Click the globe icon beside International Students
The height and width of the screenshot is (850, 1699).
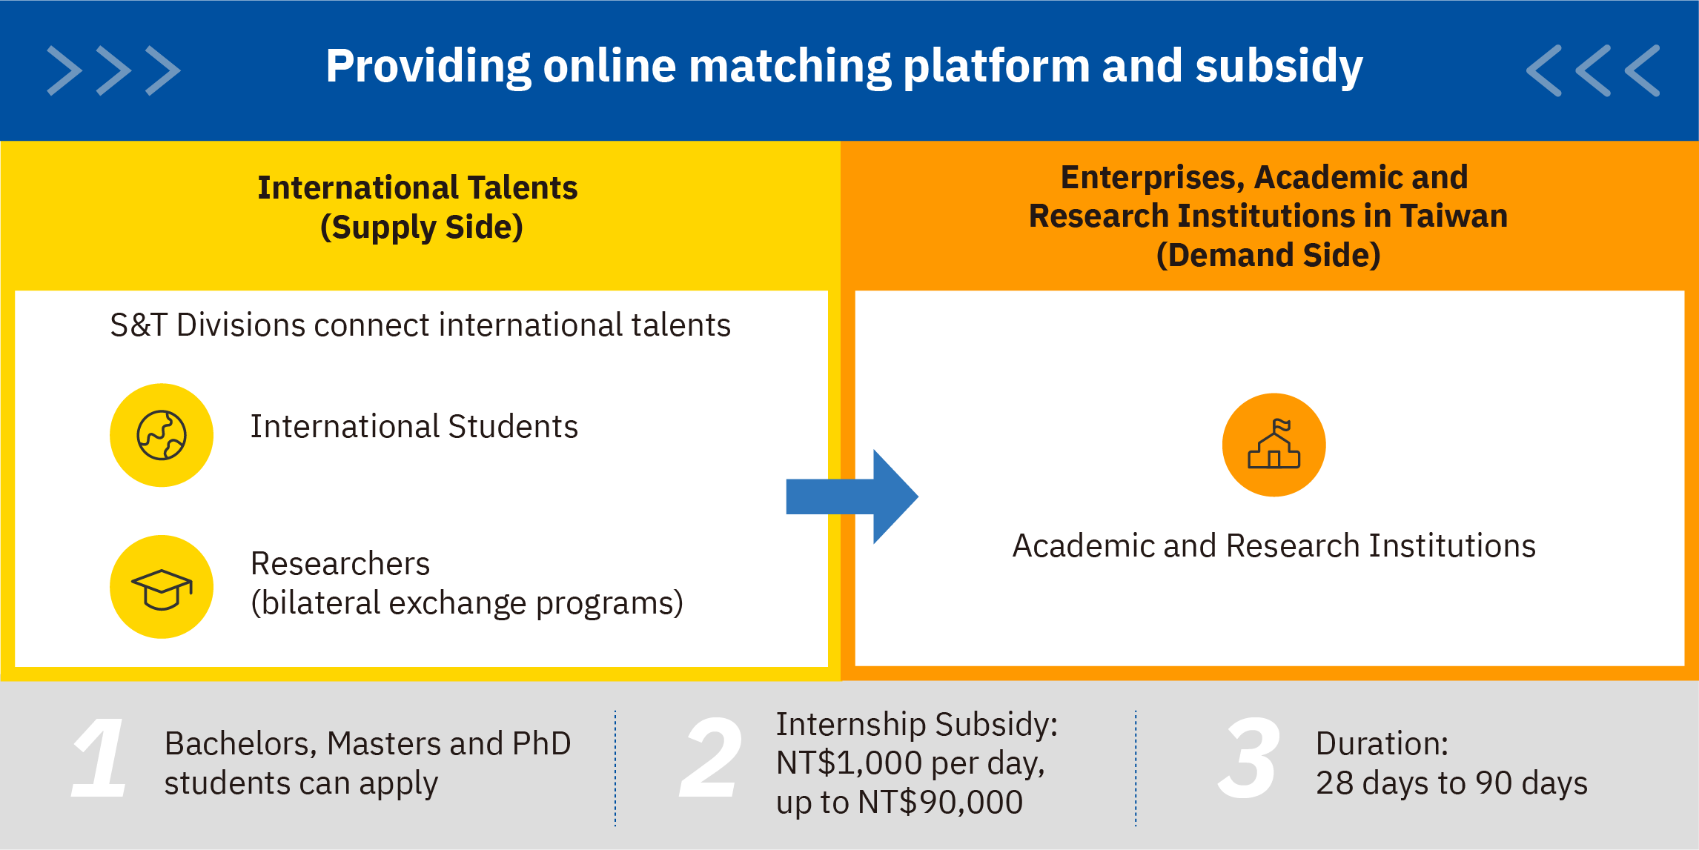coord(162,435)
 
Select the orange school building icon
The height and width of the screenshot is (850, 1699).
coord(1274,445)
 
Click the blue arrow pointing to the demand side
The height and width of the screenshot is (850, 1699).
coord(852,497)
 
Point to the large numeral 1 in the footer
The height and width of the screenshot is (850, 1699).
coord(100,757)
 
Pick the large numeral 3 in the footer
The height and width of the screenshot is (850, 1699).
coord(1250,757)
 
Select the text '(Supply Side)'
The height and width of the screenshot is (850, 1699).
coord(422,228)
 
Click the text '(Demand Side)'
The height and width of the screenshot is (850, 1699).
coord(1268,256)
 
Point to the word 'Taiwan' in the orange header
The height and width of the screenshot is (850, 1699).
coord(1454,216)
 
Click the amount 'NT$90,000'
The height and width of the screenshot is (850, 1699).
coord(940,803)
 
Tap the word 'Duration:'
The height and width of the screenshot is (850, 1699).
coord(1382,743)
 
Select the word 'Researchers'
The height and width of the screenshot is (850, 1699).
coord(340,564)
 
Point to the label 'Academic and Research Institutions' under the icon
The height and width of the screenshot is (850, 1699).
coord(1274,546)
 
